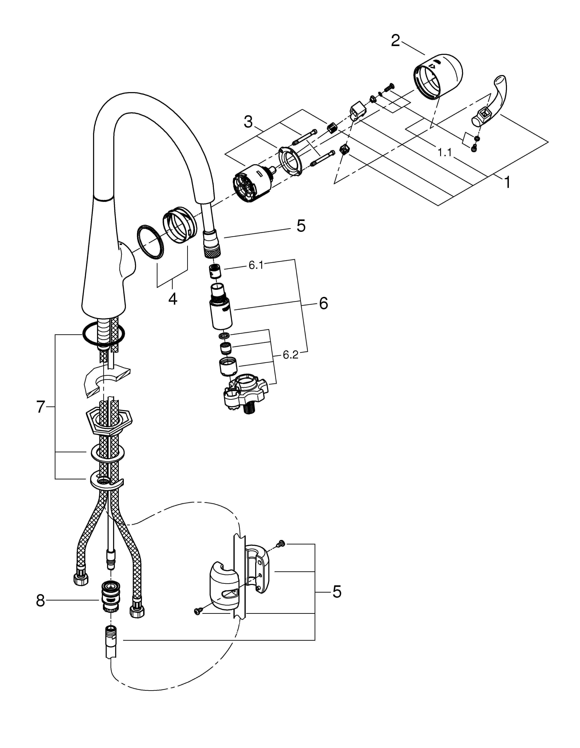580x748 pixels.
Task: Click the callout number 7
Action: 41,407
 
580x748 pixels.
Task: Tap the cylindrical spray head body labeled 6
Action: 220,312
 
